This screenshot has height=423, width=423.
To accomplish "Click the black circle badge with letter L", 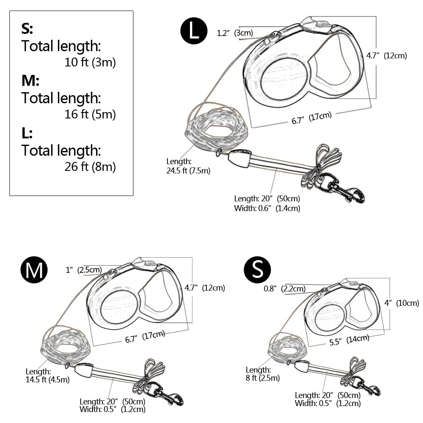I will click(x=194, y=31).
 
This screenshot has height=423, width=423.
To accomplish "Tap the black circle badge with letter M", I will click(x=34, y=269).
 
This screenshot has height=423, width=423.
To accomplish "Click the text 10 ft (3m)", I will click(x=90, y=63).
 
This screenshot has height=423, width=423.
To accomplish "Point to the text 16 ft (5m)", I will click(x=90, y=114).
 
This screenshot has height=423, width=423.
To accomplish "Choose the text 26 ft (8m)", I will click(x=90, y=167).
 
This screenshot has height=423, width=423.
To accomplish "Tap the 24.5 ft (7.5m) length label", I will click(x=189, y=171).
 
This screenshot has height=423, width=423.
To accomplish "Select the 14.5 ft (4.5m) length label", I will click(x=47, y=379).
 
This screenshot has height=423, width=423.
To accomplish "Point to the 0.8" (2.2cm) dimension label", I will click(x=285, y=289).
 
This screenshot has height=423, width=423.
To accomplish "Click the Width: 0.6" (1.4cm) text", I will click(x=267, y=208).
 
